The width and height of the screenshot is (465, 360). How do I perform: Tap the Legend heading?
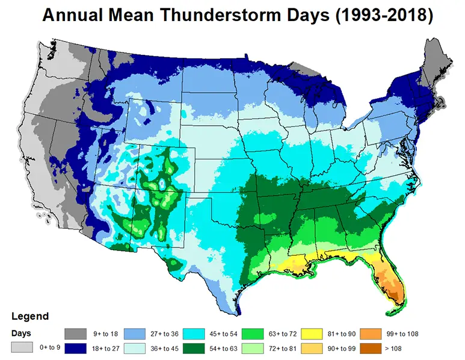coord(29,316)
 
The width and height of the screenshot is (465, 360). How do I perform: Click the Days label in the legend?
coord(23,332)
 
